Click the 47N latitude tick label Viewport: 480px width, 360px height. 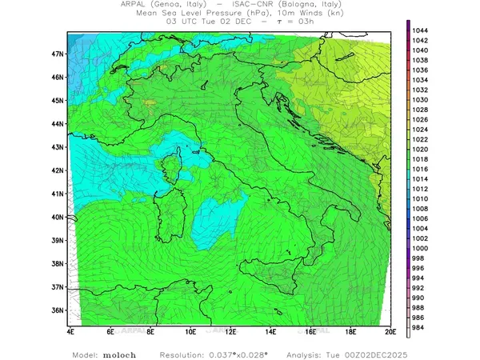(x=58, y=54)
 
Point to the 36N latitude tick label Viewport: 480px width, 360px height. (x=58, y=310)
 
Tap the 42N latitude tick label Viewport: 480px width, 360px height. (x=58, y=170)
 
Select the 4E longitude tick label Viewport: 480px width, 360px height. (x=70, y=330)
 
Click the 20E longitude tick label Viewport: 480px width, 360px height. (x=390, y=330)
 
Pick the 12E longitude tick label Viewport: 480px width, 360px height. (x=230, y=330)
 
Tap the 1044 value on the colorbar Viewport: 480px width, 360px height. (x=421, y=30)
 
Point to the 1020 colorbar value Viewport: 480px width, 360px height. (x=421, y=150)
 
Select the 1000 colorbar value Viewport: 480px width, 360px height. (x=421, y=249)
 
